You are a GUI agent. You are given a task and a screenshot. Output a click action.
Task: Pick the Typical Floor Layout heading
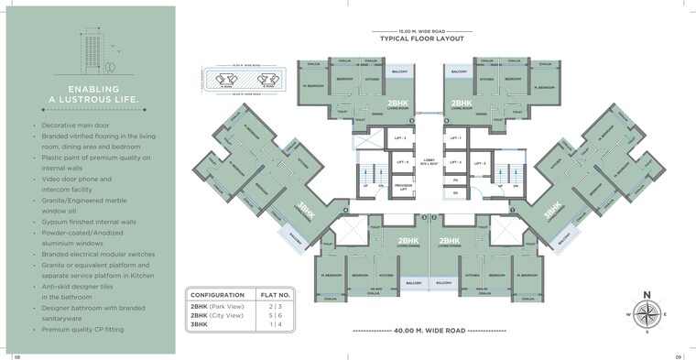[422, 39]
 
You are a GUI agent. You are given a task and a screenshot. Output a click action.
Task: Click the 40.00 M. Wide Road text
[429, 330]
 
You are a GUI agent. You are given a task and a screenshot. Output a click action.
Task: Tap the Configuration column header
[216, 295]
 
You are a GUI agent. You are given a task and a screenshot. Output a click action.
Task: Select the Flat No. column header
[276, 295]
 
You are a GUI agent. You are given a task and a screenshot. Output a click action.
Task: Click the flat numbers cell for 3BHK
[276, 324]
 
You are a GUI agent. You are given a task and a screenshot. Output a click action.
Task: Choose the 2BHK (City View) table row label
[216, 315]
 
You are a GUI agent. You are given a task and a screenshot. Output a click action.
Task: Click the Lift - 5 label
[479, 164]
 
